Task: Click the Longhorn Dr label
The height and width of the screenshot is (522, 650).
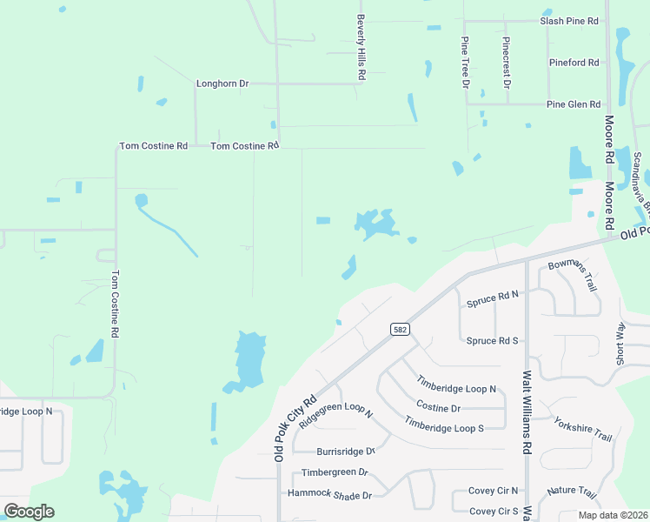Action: pyautogui.click(x=222, y=84)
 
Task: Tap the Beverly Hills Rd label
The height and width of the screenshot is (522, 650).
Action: pyautogui.click(x=360, y=48)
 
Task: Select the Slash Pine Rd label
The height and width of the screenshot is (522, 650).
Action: pyautogui.click(x=569, y=20)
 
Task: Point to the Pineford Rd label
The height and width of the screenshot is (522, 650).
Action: pyautogui.click(x=574, y=63)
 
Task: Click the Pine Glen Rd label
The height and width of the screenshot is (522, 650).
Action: pyautogui.click(x=573, y=104)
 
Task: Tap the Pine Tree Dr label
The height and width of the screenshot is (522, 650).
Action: pyautogui.click(x=465, y=62)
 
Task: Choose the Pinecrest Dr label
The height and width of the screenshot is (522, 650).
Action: pyautogui.click(x=506, y=63)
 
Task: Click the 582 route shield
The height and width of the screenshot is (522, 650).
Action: pyautogui.click(x=400, y=329)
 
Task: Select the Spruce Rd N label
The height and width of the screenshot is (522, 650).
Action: pyautogui.click(x=492, y=300)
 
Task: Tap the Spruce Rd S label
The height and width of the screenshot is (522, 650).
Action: pyautogui.click(x=492, y=341)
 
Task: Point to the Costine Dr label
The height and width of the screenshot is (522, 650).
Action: pyautogui.click(x=438, y=407)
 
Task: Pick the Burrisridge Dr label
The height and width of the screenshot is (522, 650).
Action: pyautogui.click(x=346, y=452)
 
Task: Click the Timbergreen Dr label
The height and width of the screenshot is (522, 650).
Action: pyautogui.click(x=335, y=473)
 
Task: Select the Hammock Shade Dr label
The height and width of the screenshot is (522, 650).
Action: pyautogui.click(x=330, y=495)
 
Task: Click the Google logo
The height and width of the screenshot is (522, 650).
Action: pyautogui.click(x=30, y=511)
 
